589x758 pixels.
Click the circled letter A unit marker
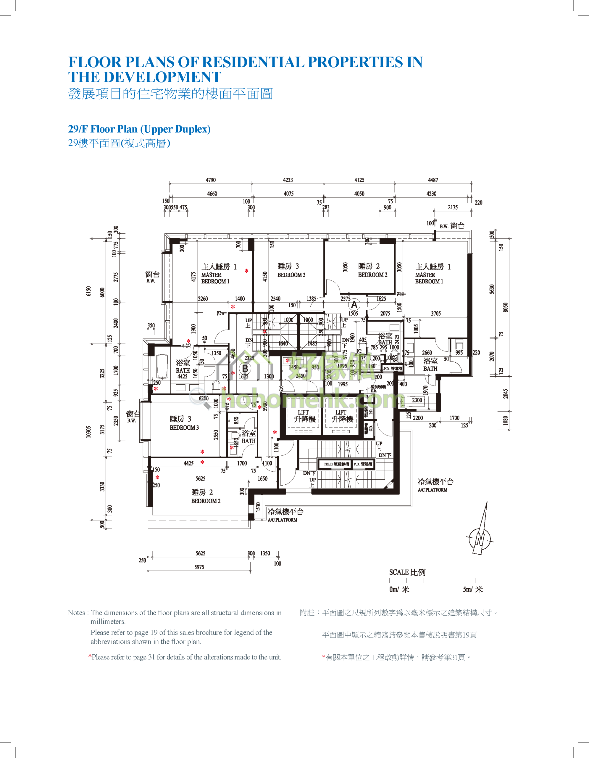354,305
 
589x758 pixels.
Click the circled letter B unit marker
245,369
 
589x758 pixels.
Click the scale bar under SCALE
432,581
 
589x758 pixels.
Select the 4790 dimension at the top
210,180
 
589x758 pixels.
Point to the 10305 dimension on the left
88,432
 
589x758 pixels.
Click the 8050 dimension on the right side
506,307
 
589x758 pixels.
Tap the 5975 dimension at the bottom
199,567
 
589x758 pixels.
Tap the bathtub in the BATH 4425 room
162,366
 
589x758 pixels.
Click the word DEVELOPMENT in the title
162,77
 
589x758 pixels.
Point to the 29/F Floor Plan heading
139,129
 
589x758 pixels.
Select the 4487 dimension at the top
433,180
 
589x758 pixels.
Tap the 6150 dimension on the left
88,291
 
